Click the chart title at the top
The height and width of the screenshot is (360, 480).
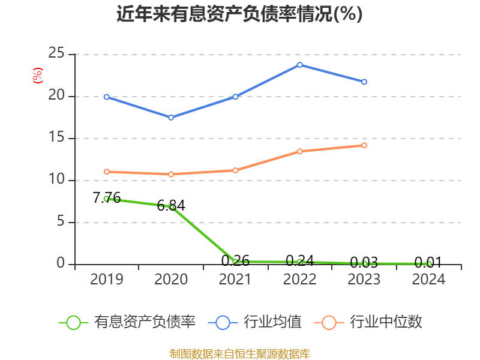tap(239, 14)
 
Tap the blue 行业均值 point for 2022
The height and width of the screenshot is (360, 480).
tap(300, 65)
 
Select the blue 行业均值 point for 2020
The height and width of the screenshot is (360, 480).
tap(171, 118)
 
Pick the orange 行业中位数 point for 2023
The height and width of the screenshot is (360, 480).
tap(364, 145)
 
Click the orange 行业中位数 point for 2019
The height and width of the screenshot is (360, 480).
tap(107, 172)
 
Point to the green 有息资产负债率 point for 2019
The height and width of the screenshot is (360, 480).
tap(107, 199)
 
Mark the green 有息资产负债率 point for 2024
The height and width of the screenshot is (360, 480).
tap(428, 264)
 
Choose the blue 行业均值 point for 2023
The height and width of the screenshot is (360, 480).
tap(364, 82)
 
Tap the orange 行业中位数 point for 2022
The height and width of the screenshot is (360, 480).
tap(300, 151)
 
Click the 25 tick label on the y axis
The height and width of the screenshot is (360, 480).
tap(56, 54)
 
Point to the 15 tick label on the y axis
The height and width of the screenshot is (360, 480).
tap(56, 138)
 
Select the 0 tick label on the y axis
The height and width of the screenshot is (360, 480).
tap(61, 264)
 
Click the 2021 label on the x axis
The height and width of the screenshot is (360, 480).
tap(235, 280)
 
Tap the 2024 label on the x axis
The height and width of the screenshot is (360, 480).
tap(428, 280)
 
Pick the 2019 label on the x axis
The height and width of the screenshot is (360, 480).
tap(107, 280)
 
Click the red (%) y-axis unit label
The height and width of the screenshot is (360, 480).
tap(37, 76)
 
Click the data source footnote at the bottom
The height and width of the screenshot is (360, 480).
tap(239, 353)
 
